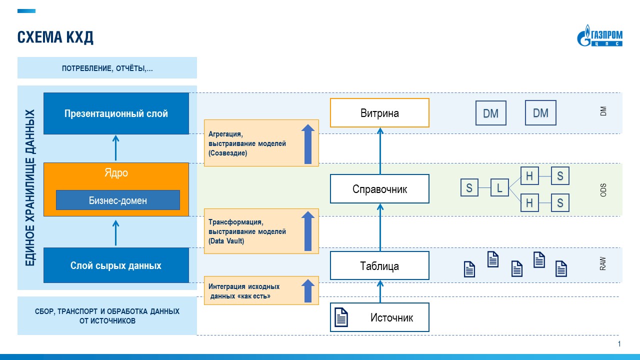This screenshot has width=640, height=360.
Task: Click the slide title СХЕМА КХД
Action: click(55, 37)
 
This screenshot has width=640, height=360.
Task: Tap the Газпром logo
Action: click(600, 38)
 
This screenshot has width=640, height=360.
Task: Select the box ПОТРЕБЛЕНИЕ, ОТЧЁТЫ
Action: click(107, 68)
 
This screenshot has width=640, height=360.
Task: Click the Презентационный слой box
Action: click(116, 113)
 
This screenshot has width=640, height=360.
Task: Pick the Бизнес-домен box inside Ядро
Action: click(117, 200)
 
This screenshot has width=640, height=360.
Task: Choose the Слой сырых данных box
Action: click(116, 265)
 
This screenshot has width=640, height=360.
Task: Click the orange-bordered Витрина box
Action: click(379, 113)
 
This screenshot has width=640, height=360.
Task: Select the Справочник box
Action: click(379, 189)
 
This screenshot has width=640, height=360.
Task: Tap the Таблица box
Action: click(379, 265)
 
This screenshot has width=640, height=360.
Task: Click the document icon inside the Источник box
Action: click(341, 317)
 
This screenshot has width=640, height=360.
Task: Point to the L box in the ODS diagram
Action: click(499, 188)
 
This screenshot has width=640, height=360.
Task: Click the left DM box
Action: click(490, 113)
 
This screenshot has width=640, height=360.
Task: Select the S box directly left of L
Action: click(469, 188)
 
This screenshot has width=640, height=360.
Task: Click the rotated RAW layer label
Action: click(603, 264)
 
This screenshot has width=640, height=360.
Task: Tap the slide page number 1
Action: click(619, 344)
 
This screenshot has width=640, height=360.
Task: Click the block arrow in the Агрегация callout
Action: click(308, 144)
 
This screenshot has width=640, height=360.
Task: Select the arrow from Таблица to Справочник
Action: click(379, 227)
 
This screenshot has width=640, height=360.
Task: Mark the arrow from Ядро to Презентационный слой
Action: click(115, 148)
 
